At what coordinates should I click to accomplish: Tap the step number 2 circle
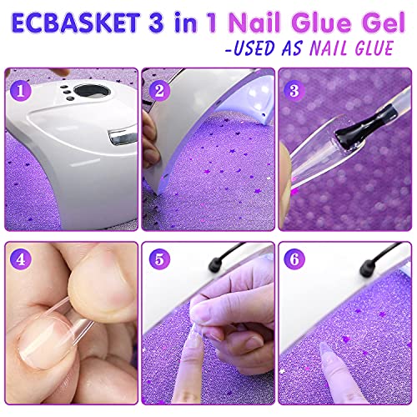point(160,87)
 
